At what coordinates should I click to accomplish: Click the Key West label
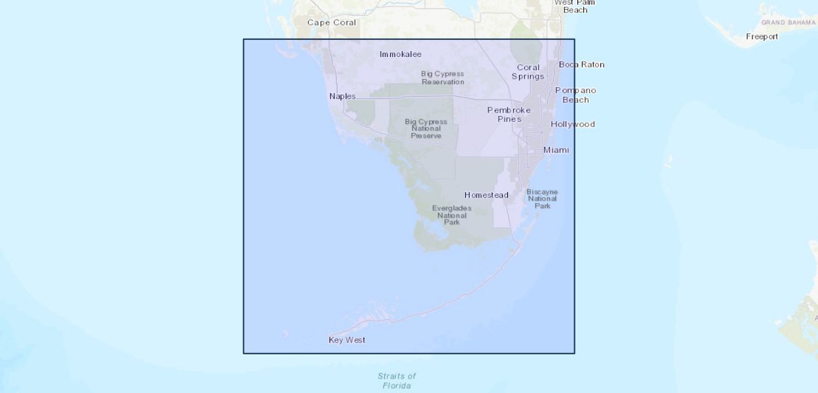point(347,340)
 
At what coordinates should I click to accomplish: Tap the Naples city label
point(342,96)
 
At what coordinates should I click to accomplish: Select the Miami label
point(556,150)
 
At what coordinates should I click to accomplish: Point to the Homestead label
point(486,195)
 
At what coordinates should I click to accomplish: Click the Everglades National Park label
point(452,215)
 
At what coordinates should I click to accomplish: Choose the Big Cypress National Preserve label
point(426,128)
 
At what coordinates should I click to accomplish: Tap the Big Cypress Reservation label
point(442,78)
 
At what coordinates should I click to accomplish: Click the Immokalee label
point(400,54)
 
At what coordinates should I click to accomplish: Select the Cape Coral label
point(332,22)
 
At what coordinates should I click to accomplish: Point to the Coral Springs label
point(528,72)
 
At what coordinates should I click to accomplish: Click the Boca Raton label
point(581,64)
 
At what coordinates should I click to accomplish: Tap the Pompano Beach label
point(575,95)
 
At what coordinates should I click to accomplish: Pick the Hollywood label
point(572,124)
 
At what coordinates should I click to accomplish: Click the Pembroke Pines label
point(509,115)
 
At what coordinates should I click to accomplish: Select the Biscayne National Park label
point(542,198)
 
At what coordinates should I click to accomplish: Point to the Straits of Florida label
point(397,381)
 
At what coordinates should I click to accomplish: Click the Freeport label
point(762,37)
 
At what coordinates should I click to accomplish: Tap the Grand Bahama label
point(788,22)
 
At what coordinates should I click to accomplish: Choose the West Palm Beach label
point(575,7)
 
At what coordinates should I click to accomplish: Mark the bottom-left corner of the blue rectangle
point(244,353)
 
